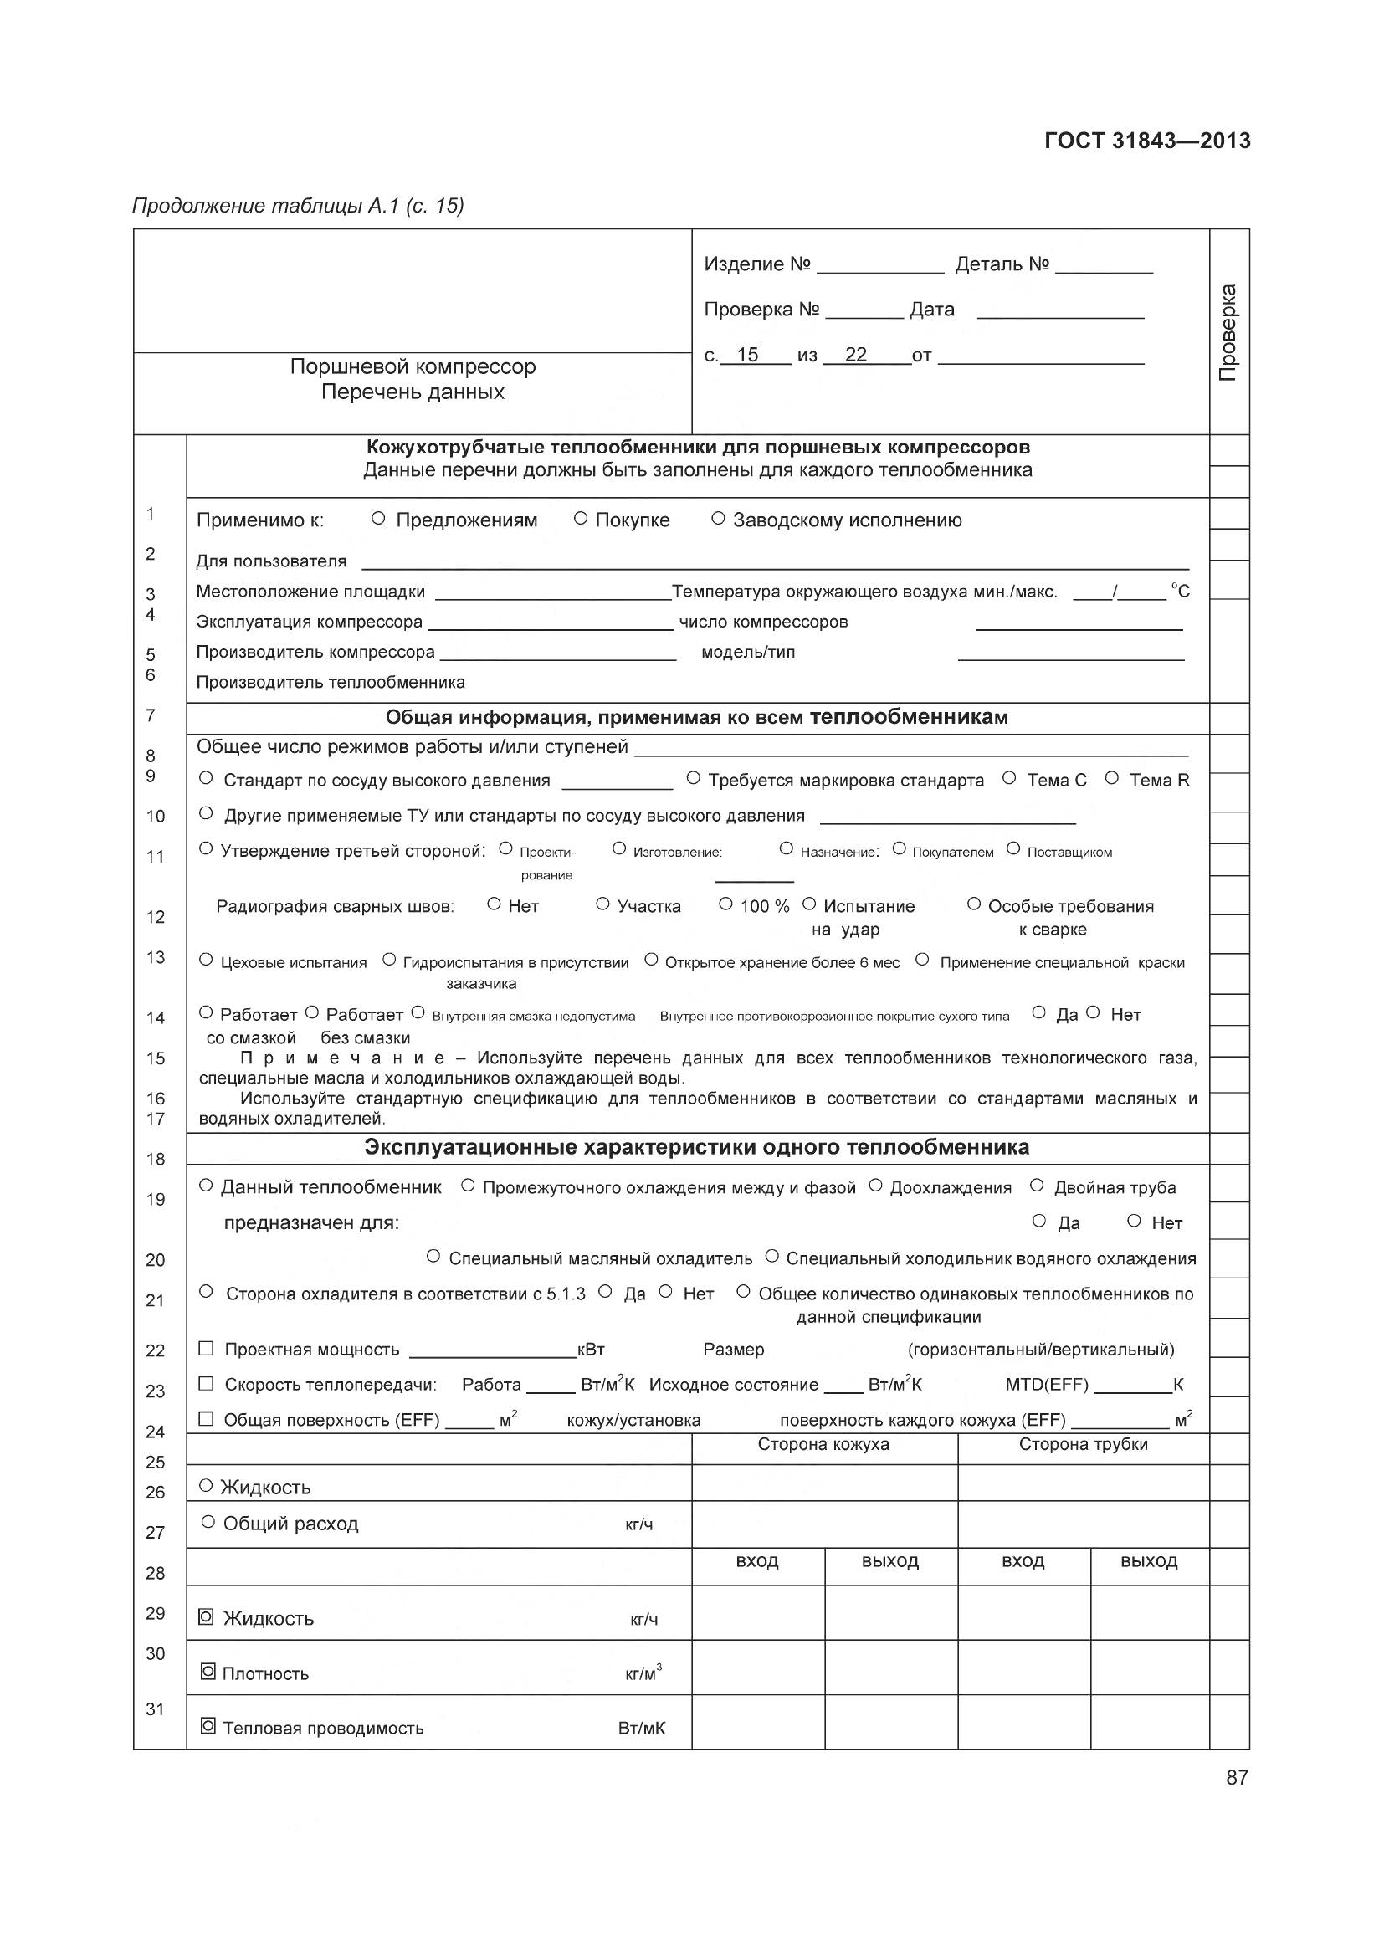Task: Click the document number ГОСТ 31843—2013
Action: point(1147,141)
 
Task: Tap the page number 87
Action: point(1237,1777)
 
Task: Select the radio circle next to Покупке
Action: point(581,518)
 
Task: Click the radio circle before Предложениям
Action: point(379,518)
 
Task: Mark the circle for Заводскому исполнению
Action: point(718,518)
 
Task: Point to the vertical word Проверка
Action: point(1228,332)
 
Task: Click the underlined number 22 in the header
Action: point(856,355)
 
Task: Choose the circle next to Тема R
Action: point(1111,778)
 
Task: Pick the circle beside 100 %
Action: point(725,904)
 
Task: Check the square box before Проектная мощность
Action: point(205,1349)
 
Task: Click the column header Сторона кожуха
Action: point(823,1444)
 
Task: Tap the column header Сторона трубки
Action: point(1083,1444)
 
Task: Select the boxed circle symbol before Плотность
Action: point(207,1673)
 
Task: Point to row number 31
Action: point(155,1709)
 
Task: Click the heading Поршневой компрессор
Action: point(413,366)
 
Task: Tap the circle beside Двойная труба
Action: point(1037,1186)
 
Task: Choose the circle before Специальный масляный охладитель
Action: point(433,1257)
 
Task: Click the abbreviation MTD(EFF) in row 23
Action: point(1047,1384)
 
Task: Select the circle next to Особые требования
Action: point(974,904)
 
